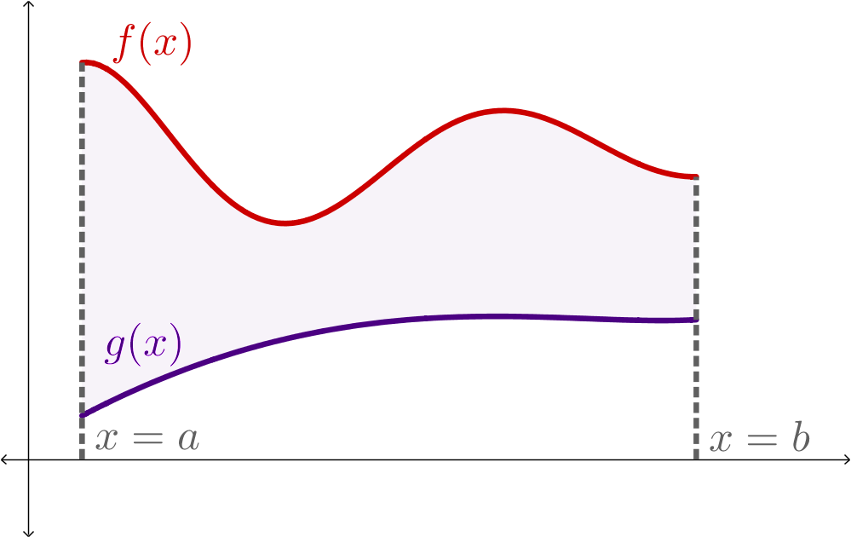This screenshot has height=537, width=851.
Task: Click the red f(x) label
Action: (153, 44)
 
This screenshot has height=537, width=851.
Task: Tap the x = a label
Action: (147, 439)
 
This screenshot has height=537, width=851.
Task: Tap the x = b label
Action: (760, 439)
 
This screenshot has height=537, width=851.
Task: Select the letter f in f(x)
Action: (124, 44)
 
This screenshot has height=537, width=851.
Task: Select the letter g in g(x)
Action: (113, 348)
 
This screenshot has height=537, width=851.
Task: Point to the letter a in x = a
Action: (188, 440)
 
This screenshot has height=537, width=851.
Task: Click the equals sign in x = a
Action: (147, 440)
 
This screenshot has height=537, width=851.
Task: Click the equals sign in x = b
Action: (761, 440)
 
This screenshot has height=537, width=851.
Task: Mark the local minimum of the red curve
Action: (286, 222)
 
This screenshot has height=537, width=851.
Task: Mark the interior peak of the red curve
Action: (504, 110)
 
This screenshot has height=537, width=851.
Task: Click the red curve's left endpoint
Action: (83, 62)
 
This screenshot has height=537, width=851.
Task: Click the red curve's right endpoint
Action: (696, 177)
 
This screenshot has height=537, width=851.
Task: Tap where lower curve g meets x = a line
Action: (83, 416)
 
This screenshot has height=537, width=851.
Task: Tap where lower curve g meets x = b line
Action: (696, 322)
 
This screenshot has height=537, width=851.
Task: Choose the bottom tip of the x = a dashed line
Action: (83, 458)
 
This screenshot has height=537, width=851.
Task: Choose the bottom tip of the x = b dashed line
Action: (696, 458)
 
